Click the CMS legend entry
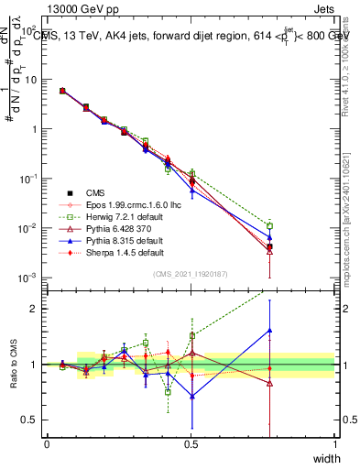coord(96,192)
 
